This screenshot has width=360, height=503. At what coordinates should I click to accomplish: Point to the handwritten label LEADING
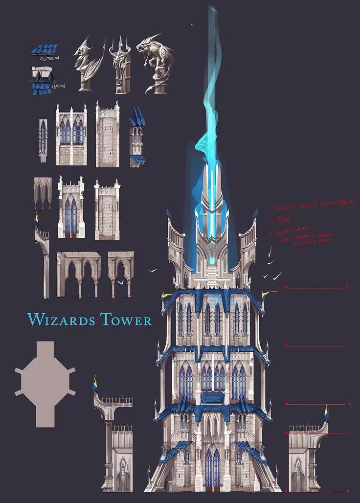tap(58, 86)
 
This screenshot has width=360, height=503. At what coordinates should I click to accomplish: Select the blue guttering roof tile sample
tap(44, 50)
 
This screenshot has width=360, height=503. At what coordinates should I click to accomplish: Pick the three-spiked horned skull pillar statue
tap(120, 69)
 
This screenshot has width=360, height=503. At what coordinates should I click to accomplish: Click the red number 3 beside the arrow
tap(346, 288)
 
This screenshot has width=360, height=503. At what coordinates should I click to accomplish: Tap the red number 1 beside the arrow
tap(349, 433)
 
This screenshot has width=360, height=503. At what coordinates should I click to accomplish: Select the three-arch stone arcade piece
tap(79, 274)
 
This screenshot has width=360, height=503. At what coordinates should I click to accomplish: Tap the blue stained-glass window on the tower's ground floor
tap(212, 467)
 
